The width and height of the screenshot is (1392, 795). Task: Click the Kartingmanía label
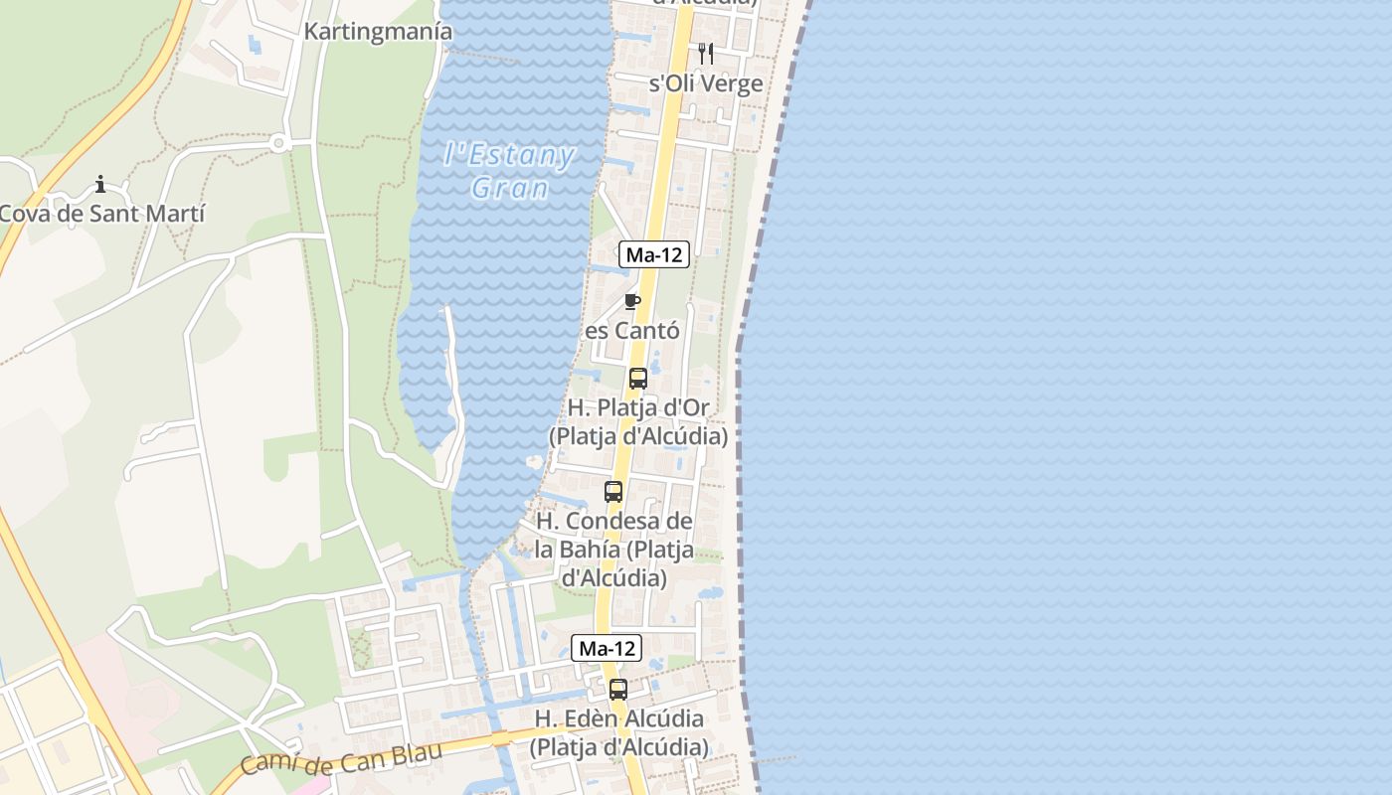pos(378,32)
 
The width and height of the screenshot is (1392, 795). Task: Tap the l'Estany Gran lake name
pos(509,170)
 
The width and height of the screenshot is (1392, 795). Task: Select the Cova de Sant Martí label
pos(102,213)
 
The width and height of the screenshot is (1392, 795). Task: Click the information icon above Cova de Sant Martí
pos(100,184)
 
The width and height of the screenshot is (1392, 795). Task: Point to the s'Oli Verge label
pos(706,83)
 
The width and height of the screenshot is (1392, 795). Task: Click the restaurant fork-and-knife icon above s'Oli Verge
pos(706,54)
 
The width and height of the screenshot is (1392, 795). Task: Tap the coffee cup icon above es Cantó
pos(631,301)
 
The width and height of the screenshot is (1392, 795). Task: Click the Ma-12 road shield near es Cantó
pos(654,254)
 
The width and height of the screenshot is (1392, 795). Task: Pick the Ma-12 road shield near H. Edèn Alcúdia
pos(607,648)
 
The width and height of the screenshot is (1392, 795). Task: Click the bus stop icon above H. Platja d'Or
pos(638,379)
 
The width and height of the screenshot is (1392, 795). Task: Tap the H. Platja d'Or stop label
pos(638,422)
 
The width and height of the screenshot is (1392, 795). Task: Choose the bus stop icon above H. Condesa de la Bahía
pos(613,492)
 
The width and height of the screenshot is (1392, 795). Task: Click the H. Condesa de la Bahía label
pos(613,549)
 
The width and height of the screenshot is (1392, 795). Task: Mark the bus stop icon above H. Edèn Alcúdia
pos(618,690)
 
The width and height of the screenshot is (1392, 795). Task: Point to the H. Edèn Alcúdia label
pos(618,732)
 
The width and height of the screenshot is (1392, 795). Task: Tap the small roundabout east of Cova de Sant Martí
pos(278,143)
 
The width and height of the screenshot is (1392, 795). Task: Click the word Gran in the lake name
pos(509,188)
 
